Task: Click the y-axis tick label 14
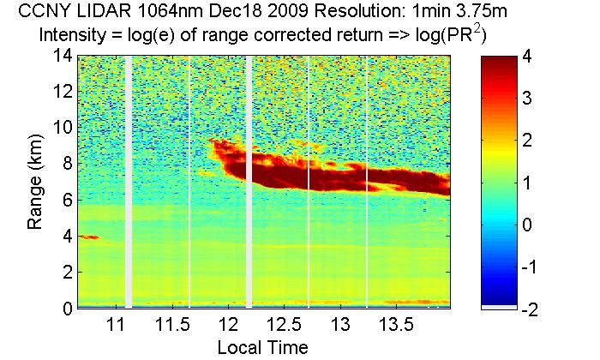(62, 56)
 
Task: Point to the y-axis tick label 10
(62, 128)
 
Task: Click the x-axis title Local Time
(262, 347)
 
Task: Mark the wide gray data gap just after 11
(129, 181)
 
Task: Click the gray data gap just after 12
(249, 181)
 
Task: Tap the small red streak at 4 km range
(89, 237)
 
